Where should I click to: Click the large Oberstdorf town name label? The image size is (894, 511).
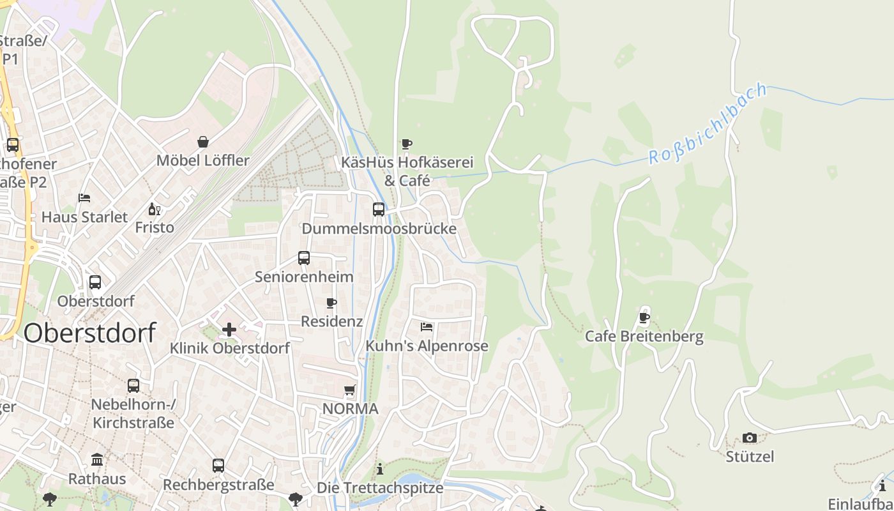[x=90, y=333]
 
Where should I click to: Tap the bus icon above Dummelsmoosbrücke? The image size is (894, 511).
[x=379, y=209]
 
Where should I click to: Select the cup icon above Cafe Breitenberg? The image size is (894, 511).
[x=644, y=317]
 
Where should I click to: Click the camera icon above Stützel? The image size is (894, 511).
[x=750, y=438]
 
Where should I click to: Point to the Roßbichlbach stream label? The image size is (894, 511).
[x=708, y=123]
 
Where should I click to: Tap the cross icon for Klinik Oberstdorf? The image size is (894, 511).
[x=229, y=330]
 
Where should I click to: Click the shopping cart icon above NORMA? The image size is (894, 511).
[x=350, y=390]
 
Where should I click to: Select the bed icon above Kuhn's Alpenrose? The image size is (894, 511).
[x=427, y=327]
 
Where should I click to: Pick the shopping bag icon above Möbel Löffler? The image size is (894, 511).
[x=203, y=141]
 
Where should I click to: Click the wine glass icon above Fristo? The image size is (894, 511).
[x=154, y=209]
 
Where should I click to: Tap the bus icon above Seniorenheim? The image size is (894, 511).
[x=304, y=258]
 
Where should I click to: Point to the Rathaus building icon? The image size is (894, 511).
[x=97, y=459]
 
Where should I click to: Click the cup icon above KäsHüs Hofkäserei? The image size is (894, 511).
[x=407, y=144]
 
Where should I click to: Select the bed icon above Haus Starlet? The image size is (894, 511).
[x=84, y=198]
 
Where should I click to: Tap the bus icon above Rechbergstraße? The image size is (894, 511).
[x=218, y=465]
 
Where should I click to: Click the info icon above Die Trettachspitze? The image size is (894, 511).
[x=380, y=469]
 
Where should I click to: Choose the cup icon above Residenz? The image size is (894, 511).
[x=331, y=303]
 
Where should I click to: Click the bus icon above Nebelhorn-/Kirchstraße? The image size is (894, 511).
[x=133, y=385]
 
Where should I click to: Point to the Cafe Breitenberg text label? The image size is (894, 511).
[x=644, y=337]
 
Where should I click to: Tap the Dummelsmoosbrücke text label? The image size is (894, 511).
[x=379, y=229]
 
